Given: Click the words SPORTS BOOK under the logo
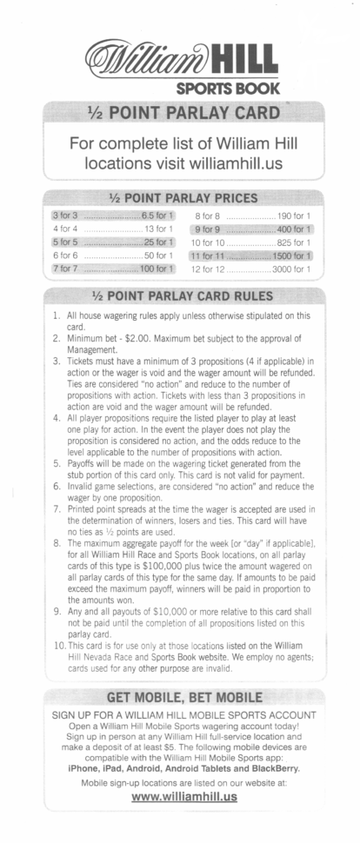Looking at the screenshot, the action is (228, 88).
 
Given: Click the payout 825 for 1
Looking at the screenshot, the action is (297, 242).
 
